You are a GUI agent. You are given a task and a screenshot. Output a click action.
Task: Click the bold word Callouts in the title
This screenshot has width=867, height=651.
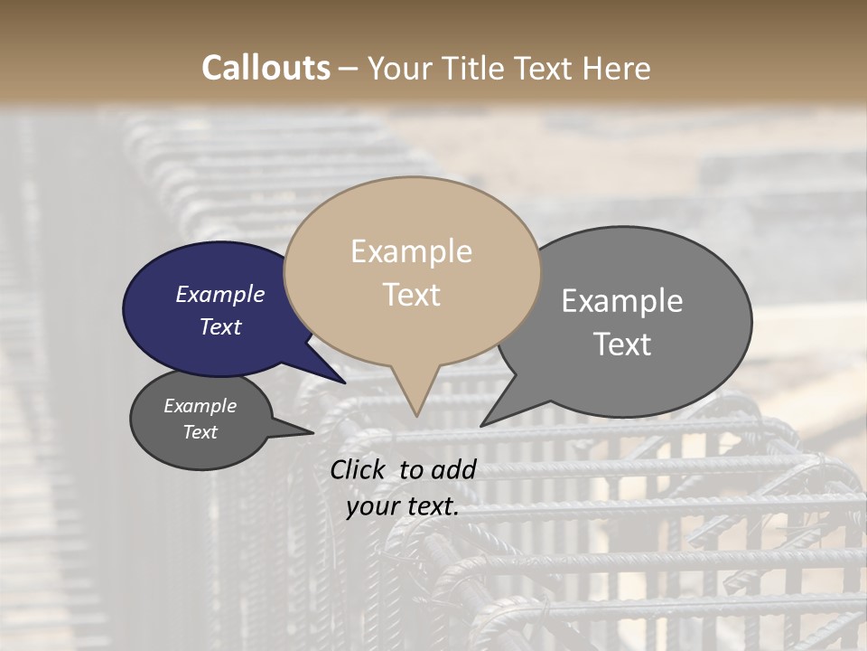point(266,68)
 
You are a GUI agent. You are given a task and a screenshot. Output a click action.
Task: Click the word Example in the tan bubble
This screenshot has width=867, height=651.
point(411,251)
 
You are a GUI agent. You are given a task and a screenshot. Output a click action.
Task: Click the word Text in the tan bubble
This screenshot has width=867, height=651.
point(412,295)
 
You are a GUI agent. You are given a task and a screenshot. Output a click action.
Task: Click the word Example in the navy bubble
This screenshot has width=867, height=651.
point(219,294)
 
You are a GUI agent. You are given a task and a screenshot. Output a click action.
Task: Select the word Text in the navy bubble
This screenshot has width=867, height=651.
point(220,326)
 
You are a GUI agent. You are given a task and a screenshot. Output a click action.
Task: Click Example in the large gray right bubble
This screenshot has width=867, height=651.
point(622,300)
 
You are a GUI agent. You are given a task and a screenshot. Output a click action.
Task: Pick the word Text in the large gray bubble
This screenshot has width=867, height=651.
point(622,344)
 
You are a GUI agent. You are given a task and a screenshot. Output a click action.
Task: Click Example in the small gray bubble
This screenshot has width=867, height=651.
point(200,406)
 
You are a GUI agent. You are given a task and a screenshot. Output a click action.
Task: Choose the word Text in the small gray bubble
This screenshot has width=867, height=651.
point(200,432)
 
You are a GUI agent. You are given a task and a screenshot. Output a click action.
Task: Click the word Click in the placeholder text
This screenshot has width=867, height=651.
point(359,469)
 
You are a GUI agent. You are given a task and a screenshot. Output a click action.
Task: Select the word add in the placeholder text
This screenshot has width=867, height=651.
point(454,469)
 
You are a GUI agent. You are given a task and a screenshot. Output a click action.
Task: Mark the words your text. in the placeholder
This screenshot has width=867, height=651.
point(403,507)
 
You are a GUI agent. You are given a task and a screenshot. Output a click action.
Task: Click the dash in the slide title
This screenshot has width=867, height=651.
point(349,69)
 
